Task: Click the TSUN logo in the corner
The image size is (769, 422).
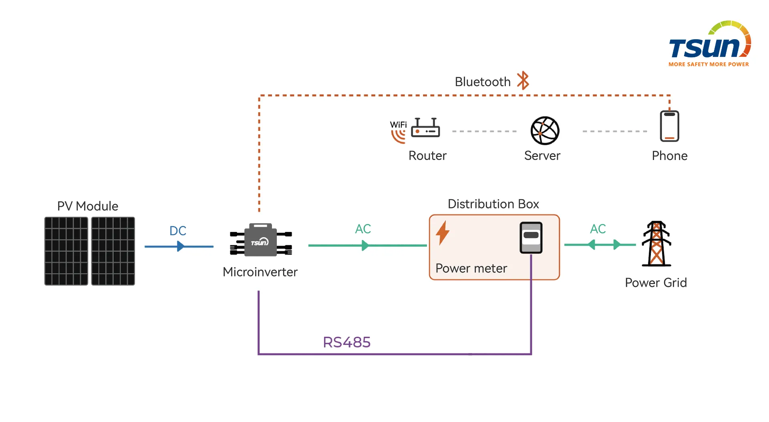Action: [x=709, y=44]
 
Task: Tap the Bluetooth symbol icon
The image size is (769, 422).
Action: [x=523, y=81]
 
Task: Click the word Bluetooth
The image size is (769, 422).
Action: [x=482, y=82]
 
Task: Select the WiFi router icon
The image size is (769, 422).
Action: [x=425, y=128]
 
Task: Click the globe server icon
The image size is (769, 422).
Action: [x=545, y=130]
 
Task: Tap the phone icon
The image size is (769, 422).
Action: [x=669, y=126]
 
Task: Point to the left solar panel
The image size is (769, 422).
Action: [x=66, y=251]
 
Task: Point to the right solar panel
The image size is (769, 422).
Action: [x=113, y=251]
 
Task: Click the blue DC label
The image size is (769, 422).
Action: [x=178, y=231]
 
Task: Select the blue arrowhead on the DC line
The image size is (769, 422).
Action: [x=181, y=246]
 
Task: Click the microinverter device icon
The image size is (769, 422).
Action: [x=261, y=240]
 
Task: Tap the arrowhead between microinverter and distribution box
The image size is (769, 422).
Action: [x=365, y=245]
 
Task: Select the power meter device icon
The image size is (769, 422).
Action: [x=531, y=238]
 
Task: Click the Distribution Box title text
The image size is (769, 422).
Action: [x=493, y=204]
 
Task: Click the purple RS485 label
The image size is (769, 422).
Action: [x=346, y=342]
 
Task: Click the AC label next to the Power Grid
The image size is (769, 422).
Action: [x=598, y=229]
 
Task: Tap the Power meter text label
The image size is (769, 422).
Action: [x=471, y=268]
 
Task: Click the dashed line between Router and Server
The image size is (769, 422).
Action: [x=484, y=131]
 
